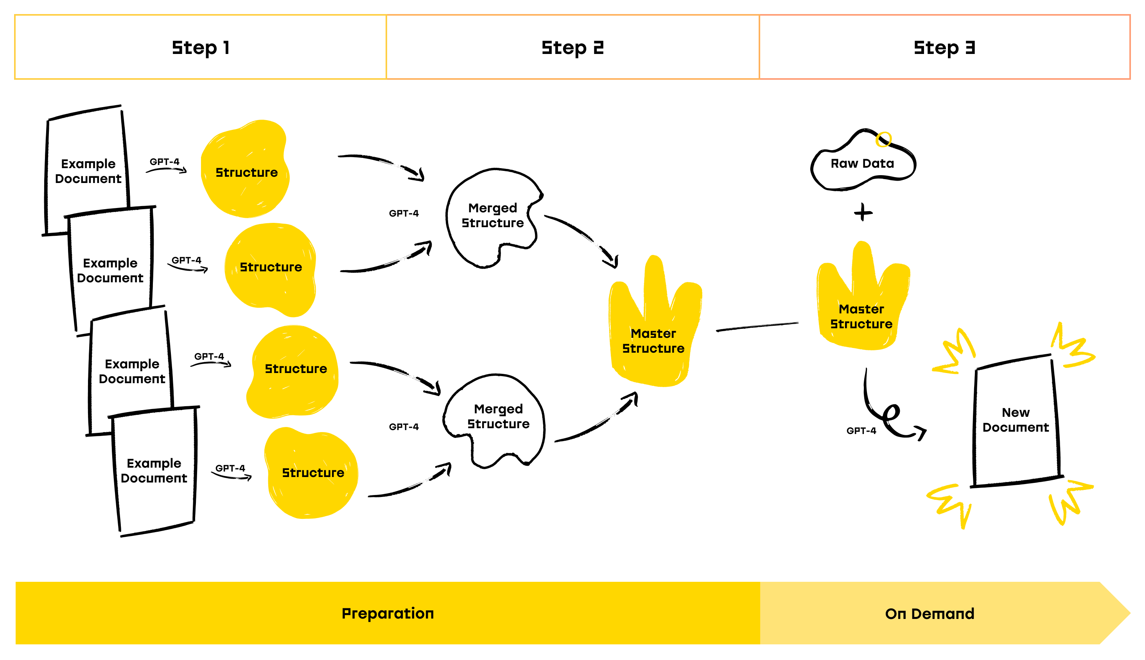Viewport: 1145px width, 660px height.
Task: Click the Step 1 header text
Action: tap(200, 47)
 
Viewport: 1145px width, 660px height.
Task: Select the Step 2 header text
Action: tap(572, 47)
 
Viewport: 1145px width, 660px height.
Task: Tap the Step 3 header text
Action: tap(944, 47)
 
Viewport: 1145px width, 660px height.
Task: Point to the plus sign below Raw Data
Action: tap(863, 212)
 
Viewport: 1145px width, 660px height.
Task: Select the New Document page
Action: tap(1015, 420)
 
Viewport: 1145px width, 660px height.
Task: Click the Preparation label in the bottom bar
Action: tap(388, 613)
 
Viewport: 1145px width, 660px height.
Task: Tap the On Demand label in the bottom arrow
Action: tap(929, 613)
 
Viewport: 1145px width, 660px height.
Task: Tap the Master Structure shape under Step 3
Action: tap(861, 308)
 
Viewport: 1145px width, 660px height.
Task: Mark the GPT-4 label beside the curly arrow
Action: tap(861, 430)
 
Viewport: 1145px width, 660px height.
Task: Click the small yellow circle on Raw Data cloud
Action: tap(883, 139)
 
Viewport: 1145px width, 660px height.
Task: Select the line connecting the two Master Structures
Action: tap(757, 327)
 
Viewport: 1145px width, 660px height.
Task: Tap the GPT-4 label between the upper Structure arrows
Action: tap(404, 213)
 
